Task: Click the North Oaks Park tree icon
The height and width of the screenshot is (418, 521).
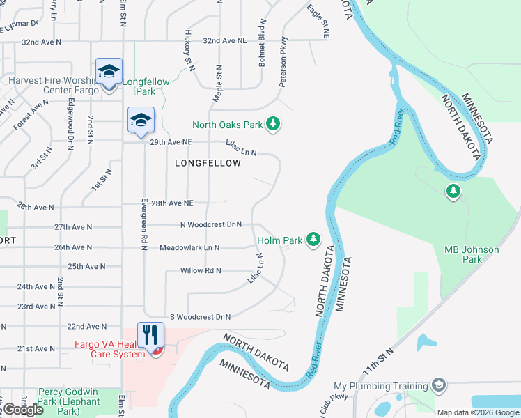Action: click(x=274, y=124)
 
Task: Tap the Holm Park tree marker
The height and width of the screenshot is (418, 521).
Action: click(x=313, y=240)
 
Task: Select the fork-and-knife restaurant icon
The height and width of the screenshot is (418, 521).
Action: click(x=150, y=335)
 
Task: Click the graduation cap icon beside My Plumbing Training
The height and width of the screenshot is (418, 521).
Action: click(x=438, y=385)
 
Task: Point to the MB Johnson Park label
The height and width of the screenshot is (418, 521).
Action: click(x=472, y=254)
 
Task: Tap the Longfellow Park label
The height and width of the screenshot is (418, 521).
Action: click(x=146, y=86)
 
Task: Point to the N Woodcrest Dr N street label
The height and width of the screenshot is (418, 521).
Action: click(x=210, y=224)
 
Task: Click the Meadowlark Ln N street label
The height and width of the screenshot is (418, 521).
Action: click(x=189, y=247)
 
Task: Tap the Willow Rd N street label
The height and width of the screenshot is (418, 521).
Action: click(x=201, y=270)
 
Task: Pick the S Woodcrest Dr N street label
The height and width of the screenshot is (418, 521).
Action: click(x=198, y=316)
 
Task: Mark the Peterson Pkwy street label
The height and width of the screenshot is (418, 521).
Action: click(x=283, y=72)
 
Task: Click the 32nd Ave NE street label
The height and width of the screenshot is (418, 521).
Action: click(x=225, y=41)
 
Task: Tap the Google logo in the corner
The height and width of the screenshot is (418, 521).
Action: click(x=23, y=410)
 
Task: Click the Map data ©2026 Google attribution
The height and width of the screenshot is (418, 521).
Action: click(x=478, y=412)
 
